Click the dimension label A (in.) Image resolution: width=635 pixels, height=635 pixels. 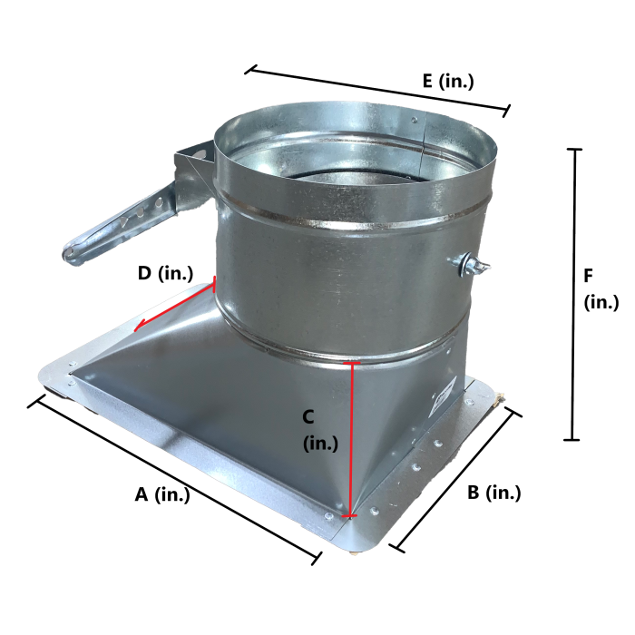tap(162, 494)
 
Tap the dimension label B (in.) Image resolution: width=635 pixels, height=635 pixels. tap(493, 493)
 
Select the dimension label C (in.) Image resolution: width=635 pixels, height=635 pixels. tap(320, 430)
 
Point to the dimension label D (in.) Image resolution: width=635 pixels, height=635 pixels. tap(165, 273)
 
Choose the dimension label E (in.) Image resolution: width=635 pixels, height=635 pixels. tap(448, 81)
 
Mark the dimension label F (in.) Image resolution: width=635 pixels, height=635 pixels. tap(601, 289)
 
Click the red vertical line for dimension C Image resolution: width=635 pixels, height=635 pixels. tap(352, 439)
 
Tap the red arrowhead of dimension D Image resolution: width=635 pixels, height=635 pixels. tap(140, 326)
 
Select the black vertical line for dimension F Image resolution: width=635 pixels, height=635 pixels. tap(573, 295)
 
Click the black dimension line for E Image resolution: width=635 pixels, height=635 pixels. tap(377, 91)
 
